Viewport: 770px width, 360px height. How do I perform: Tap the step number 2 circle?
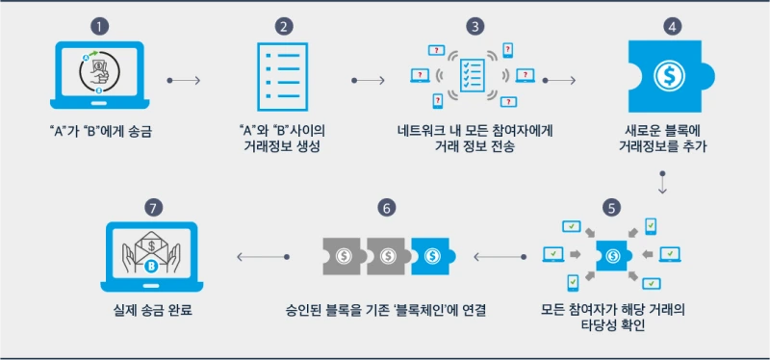point(284,26)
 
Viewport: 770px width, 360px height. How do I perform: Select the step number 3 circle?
point(473,26)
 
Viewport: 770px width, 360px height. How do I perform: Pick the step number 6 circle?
point(386,208)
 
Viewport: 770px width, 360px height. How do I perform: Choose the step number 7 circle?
point(151,208)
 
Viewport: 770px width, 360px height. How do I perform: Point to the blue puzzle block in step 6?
point(432,255)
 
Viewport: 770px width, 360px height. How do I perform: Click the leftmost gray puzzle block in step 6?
point(342,255)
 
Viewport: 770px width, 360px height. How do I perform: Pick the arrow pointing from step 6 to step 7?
point(263,256)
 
